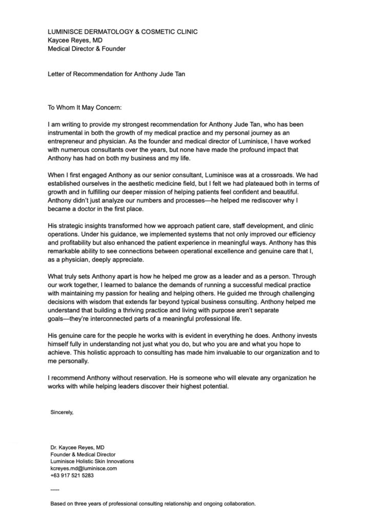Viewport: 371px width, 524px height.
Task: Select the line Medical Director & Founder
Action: (87, 49)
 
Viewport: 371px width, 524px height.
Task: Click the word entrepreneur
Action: (69, 141)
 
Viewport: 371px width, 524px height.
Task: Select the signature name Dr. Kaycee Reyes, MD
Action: (77, 447)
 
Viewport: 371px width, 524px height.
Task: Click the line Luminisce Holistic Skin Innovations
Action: (92, 461)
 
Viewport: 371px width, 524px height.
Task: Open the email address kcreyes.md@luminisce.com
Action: (84, 468)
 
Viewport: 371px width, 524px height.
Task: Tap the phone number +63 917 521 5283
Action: (72, 475)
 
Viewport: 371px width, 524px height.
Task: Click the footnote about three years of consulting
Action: (152, 504)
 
